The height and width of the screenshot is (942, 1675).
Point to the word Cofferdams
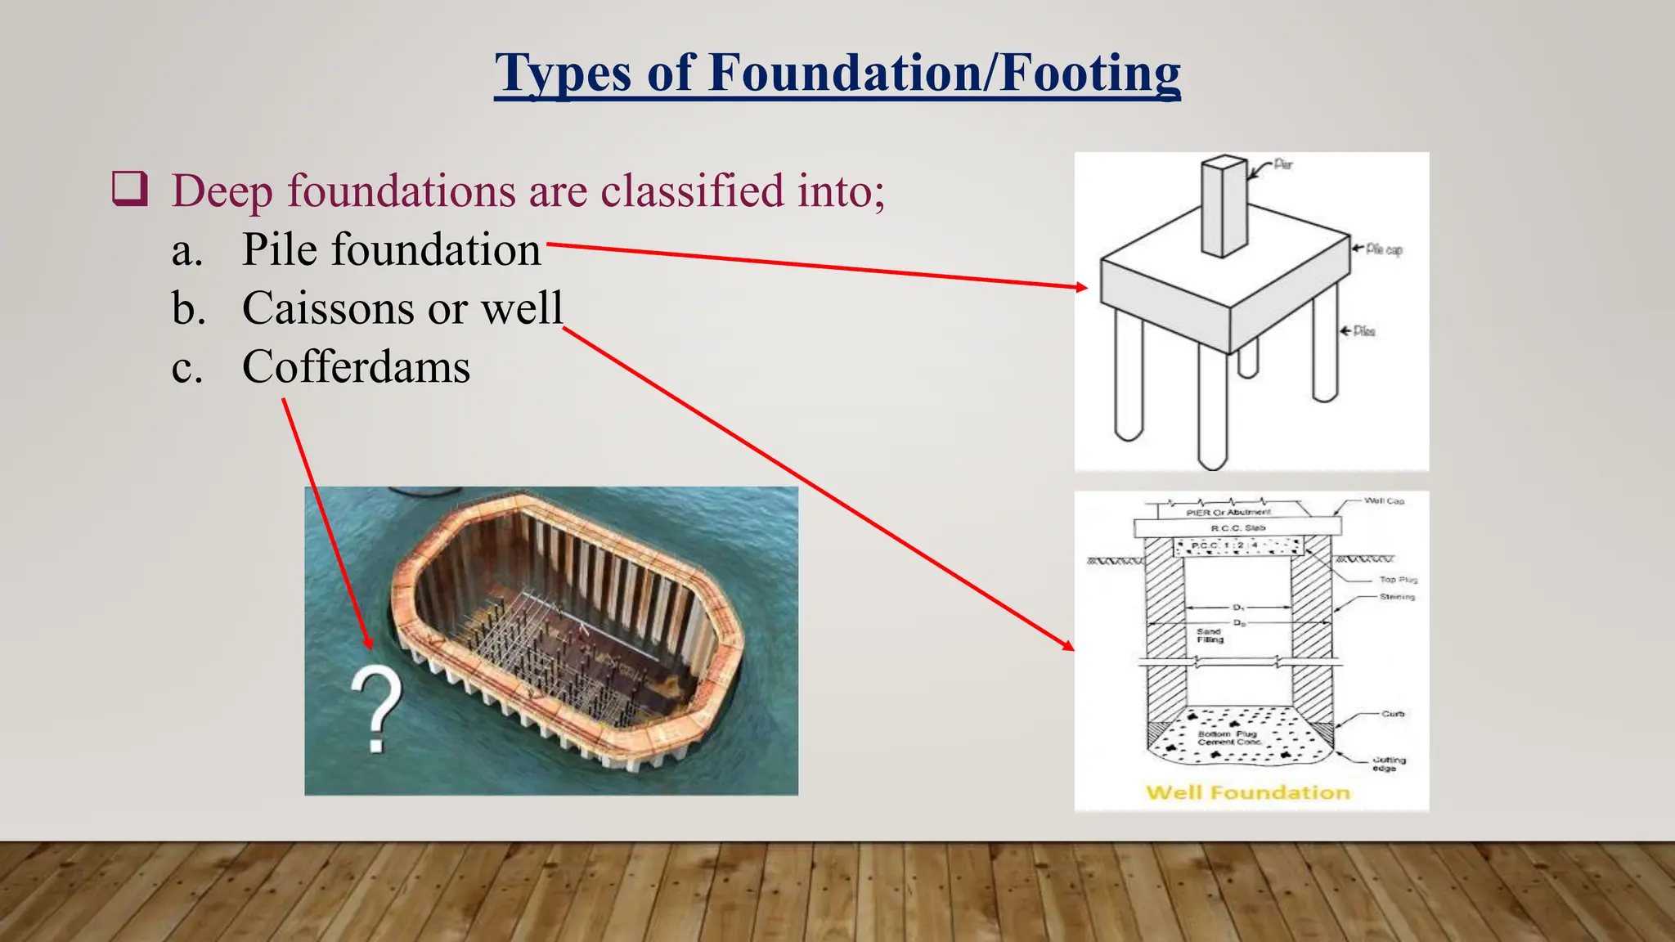coord(356,366)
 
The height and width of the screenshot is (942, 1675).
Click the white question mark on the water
coord(376,708)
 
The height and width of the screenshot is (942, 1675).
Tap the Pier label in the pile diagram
coord(1283,164)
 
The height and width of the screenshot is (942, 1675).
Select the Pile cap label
coord(1384,249)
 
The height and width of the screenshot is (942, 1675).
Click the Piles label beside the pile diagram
coord(1364,331)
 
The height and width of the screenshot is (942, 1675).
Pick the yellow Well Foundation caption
coord(1247,792)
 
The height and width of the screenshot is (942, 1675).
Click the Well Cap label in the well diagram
coord(1384,500)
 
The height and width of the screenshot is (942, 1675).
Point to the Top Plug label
coord(1398,579)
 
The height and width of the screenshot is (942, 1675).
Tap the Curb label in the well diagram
coord(1393,714)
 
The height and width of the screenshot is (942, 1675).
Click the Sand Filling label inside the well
coord(1210,635)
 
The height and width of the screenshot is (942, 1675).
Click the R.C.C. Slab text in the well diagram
coord(1237,528)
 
